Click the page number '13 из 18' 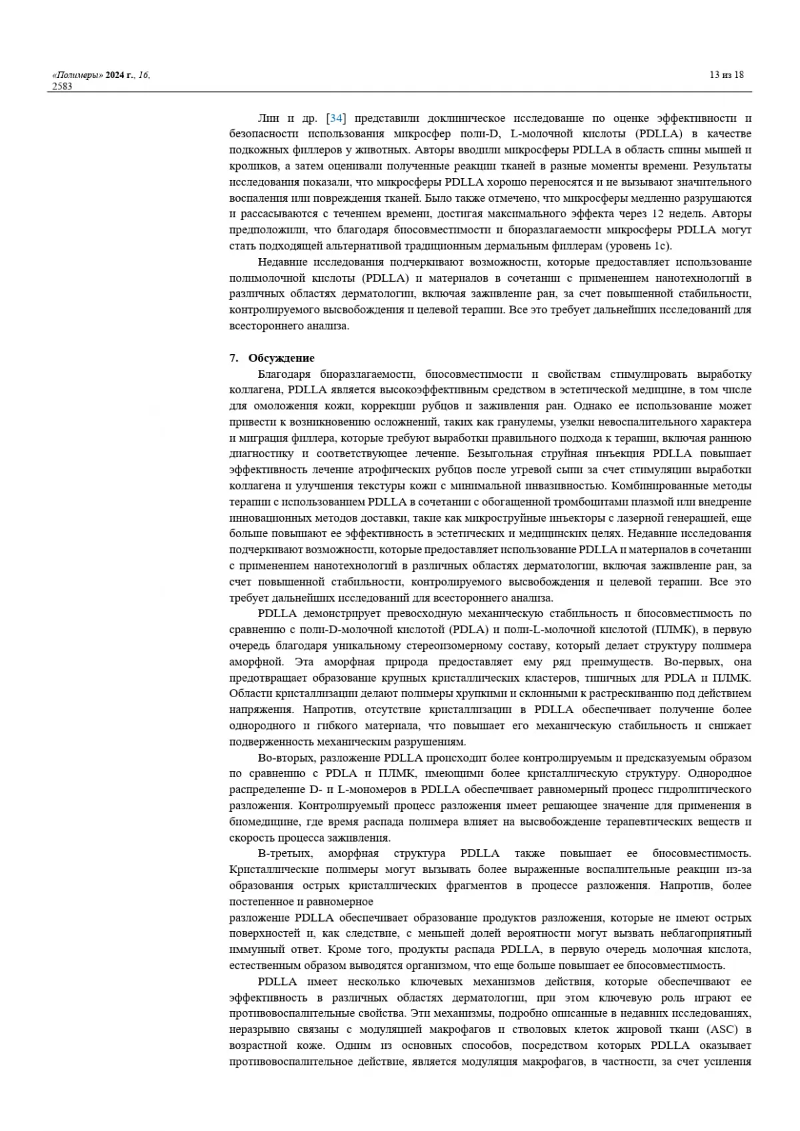click(727, 75)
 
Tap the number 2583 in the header click(62, 86)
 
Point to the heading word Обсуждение click(281, 358)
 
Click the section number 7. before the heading click(233, 358)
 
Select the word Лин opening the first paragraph click(269, 119)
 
